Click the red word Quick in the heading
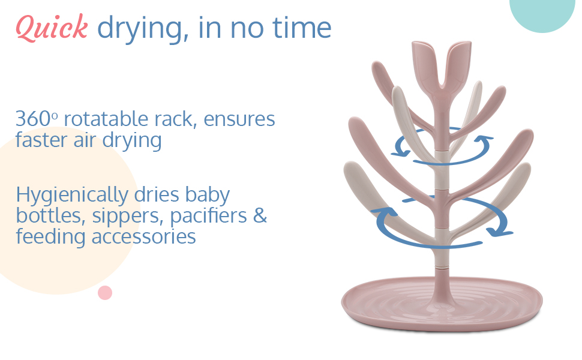click(x=52, y=28)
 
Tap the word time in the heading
click(x=302, y=28)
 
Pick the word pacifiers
click(x=208, y=217)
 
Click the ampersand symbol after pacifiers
click(x=260, y=215)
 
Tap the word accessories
click(x=143, y=237)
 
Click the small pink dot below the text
click(x=105, y=293)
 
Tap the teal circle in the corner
click(x=542, y=13)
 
